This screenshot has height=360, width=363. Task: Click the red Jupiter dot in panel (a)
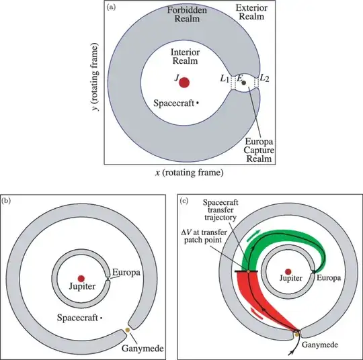coord(184,83)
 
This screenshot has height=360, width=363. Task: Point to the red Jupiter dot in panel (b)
coord(81,278)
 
